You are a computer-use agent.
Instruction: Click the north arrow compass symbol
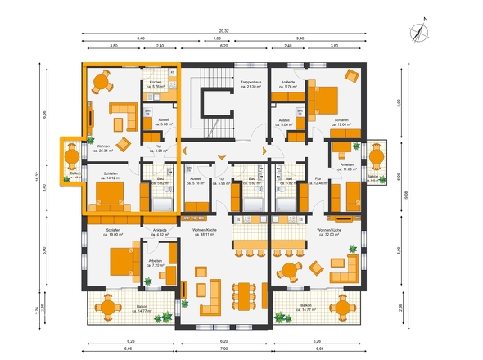[421, 32]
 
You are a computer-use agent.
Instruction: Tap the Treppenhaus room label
[251, 85]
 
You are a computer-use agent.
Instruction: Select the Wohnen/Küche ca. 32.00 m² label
[335, 232]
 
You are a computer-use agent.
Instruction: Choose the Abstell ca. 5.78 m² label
[196, 182]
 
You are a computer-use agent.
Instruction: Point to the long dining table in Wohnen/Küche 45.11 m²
[246, 292]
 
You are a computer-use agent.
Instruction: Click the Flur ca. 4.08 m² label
[160, 150]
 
